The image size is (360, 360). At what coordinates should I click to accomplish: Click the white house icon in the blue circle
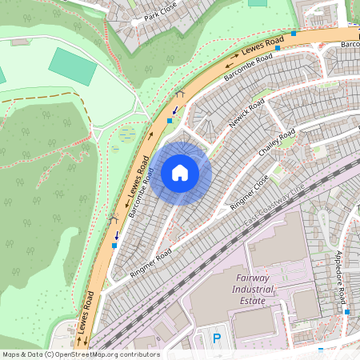[180, 172]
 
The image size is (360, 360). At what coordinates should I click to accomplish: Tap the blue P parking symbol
[217, 339]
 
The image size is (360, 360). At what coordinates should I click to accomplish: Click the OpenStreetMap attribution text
[80, 354]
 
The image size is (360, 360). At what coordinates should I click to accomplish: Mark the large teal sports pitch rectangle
[73, 66]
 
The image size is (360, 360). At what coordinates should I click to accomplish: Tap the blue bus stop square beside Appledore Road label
[347, 311]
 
